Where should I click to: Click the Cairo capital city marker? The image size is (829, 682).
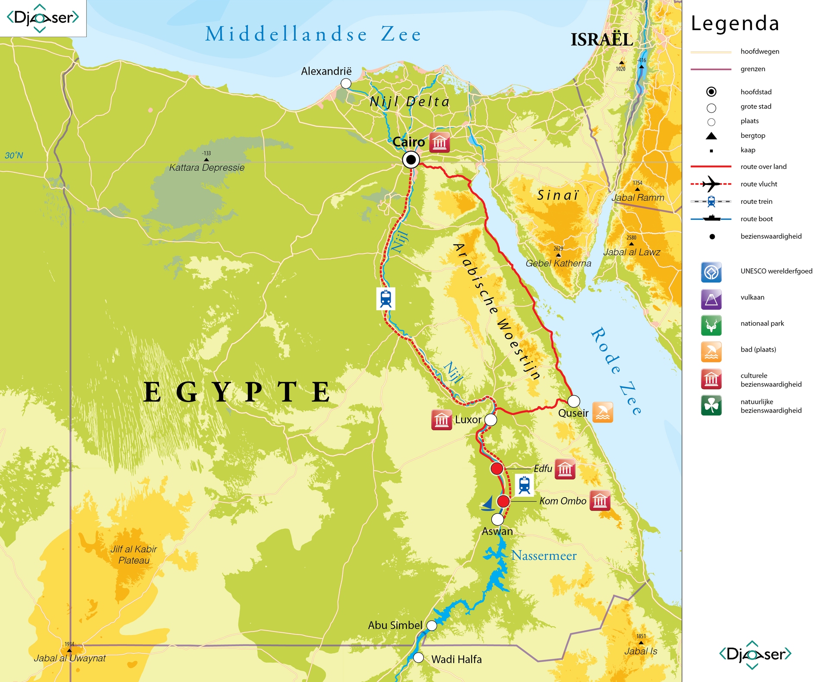411,160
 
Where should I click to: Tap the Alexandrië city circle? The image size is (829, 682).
346,83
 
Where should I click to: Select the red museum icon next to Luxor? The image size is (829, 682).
441,420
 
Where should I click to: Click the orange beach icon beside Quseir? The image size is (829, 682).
602,412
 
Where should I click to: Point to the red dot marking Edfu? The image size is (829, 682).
497,468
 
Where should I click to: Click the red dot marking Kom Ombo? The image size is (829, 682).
503,501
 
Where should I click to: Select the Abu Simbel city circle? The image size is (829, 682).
431,625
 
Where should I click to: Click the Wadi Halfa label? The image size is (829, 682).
456,660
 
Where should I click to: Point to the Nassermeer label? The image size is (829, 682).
544,555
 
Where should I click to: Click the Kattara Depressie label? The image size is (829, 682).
207,168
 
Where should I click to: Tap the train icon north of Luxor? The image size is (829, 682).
386,298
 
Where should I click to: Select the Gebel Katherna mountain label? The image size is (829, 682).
558,263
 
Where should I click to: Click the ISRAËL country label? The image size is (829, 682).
602,40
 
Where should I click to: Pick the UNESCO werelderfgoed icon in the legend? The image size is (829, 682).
711,272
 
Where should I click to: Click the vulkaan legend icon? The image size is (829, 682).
711,299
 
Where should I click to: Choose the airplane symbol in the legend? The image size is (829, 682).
711,184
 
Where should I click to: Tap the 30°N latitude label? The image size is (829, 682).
14,155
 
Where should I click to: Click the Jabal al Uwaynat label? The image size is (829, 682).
70,658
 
